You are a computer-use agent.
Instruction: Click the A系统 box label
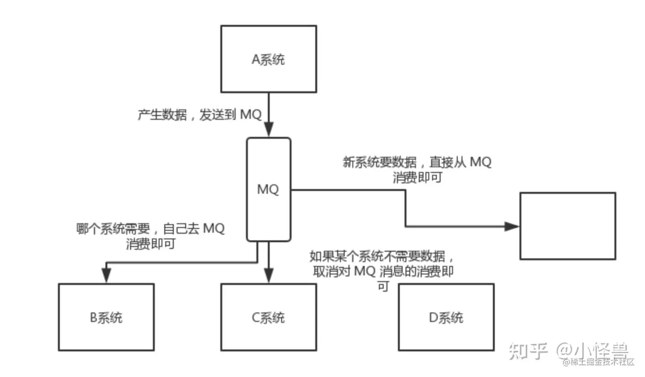[x=268, y=59]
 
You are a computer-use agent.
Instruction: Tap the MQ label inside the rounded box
[x=268, y=189]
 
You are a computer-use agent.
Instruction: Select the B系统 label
[x=106, y=317]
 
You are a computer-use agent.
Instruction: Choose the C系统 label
[x=268, y=317]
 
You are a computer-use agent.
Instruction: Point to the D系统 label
[x=446, y=317]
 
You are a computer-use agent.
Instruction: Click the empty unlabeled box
[x=568, y=226]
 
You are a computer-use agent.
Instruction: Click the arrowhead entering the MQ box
[x=268, y=130]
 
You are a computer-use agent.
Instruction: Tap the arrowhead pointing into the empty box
[x=512, y=226]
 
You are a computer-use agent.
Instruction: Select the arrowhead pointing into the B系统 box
[x=106, y=275]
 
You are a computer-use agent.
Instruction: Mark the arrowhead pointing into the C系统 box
[x=268, y=275]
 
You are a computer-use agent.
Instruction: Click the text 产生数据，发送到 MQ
[x=199, y=115]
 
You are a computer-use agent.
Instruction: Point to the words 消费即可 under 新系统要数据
[x=417, y=177]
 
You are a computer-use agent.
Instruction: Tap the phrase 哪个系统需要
[x=113, y=229]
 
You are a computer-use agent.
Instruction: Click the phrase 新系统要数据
[x=379, y=162]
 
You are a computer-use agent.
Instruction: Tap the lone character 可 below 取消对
[x=383, y=286]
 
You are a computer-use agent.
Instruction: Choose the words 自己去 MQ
[x=193, y=229]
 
